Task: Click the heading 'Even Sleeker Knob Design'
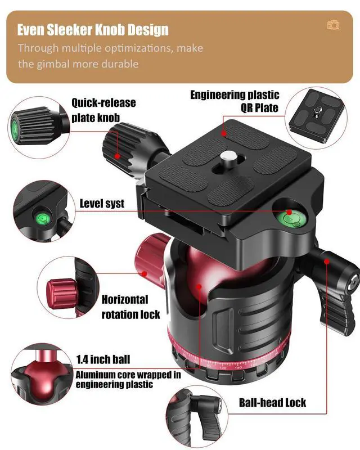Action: tap(93, 30)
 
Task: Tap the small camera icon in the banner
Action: tap(334, 25)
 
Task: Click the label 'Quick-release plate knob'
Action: tap(103, 110)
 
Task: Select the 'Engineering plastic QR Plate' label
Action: tap(235, 101)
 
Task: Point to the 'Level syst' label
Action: tap(102, 204)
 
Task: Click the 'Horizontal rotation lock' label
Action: tap(130, 307)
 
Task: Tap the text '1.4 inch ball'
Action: tap(103, 359)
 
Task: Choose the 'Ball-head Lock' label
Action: tap(272, 402)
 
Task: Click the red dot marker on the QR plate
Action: tap(224, 133)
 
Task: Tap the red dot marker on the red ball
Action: tap(199, 286)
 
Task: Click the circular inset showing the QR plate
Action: tap(316, 118)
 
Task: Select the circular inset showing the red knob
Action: tap(68, 287)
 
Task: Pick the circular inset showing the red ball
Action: tap(42, 373)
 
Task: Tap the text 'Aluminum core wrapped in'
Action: tap(128, 375)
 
